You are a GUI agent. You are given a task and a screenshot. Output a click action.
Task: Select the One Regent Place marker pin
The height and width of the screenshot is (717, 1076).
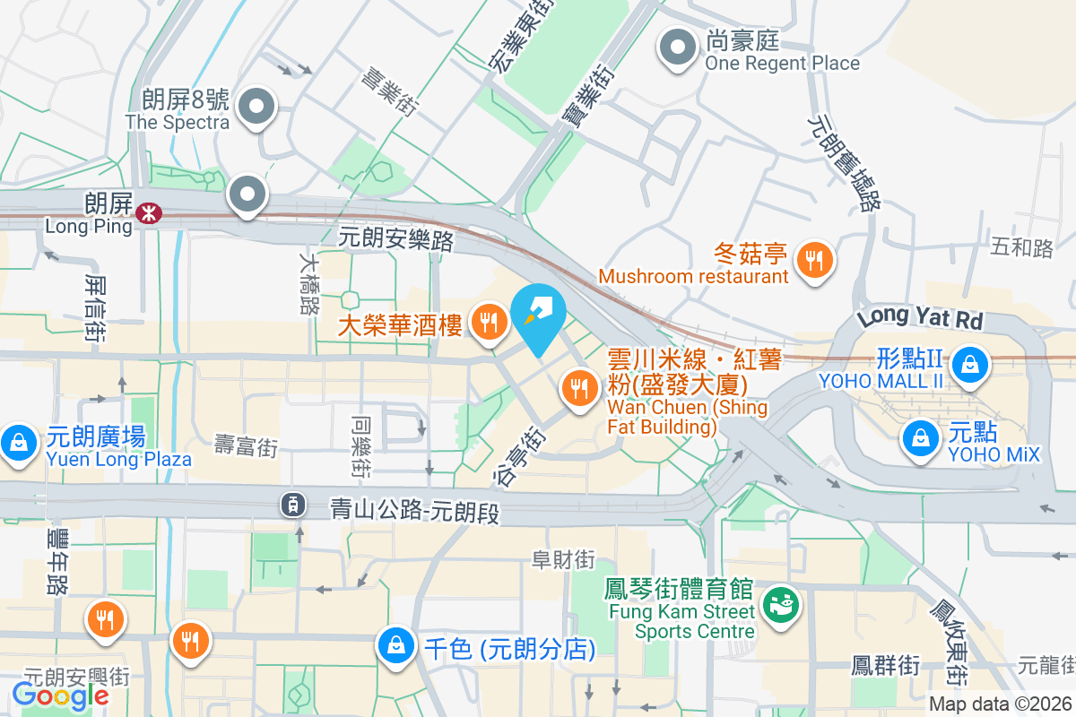click(677, 48)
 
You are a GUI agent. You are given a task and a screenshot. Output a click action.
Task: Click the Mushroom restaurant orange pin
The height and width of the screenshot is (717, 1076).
click(814, 261)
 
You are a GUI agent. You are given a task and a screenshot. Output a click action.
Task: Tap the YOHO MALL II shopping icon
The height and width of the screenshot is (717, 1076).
click(969, 364)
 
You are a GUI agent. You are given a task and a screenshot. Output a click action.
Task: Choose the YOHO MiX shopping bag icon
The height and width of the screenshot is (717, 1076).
click(920, 438)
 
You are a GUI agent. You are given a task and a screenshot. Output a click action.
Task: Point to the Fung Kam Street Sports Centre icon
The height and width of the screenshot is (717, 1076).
click(779, 607)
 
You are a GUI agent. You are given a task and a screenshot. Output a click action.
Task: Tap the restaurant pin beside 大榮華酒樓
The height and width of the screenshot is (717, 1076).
click(489, 320)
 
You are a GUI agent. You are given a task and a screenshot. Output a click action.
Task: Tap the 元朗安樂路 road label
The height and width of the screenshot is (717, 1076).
click(396, 239)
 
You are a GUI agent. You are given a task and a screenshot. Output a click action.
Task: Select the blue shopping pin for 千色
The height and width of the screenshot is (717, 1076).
click(395, 645)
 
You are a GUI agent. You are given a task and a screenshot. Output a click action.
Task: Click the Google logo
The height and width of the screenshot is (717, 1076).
click(61, 695)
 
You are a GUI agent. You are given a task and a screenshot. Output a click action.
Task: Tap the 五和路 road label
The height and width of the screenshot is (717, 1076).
click(1022, 247)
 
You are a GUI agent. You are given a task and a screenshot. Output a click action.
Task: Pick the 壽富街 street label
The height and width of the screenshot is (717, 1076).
click(246, 445)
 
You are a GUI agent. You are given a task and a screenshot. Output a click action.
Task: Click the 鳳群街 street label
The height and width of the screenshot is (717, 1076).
click(885, 666)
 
